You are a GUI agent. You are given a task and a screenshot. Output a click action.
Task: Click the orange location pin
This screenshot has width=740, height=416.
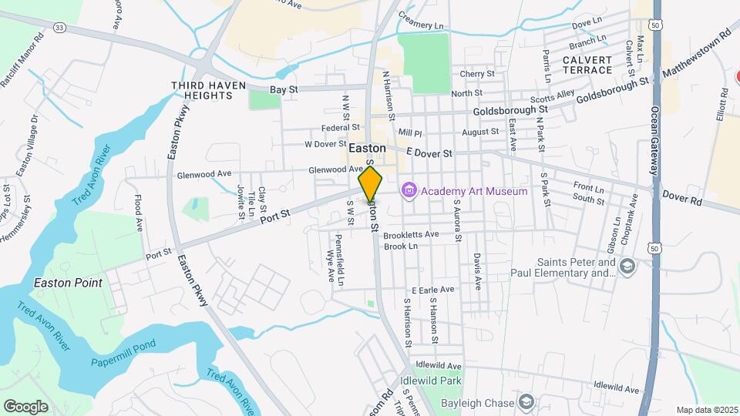click(x=371, y=184)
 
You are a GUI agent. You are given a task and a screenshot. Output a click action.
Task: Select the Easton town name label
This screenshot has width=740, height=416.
click(x=367, y=147)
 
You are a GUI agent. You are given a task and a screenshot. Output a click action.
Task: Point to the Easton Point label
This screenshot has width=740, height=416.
click(x=68, y=283)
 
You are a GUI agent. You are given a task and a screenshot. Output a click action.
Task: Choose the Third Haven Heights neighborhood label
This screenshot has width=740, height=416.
click(x=202, y=90)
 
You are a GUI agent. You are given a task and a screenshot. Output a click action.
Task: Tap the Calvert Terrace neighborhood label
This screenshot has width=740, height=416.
click(x=587, y=65)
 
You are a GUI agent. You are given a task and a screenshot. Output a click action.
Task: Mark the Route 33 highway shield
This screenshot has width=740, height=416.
click(x=59, y=27)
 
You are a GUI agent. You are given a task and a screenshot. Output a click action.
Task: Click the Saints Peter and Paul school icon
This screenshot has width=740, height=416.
click(x=628, y=267)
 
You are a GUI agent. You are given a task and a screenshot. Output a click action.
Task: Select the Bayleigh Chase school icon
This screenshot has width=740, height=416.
click(x=526, y=402)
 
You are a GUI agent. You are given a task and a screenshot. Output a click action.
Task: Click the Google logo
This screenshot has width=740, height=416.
click(x=25, y=406)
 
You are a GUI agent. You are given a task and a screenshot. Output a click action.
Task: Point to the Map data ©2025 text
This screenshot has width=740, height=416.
click(x=706, y=410)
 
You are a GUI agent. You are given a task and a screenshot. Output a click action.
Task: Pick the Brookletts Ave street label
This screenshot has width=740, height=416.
click(x=411, y=233)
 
